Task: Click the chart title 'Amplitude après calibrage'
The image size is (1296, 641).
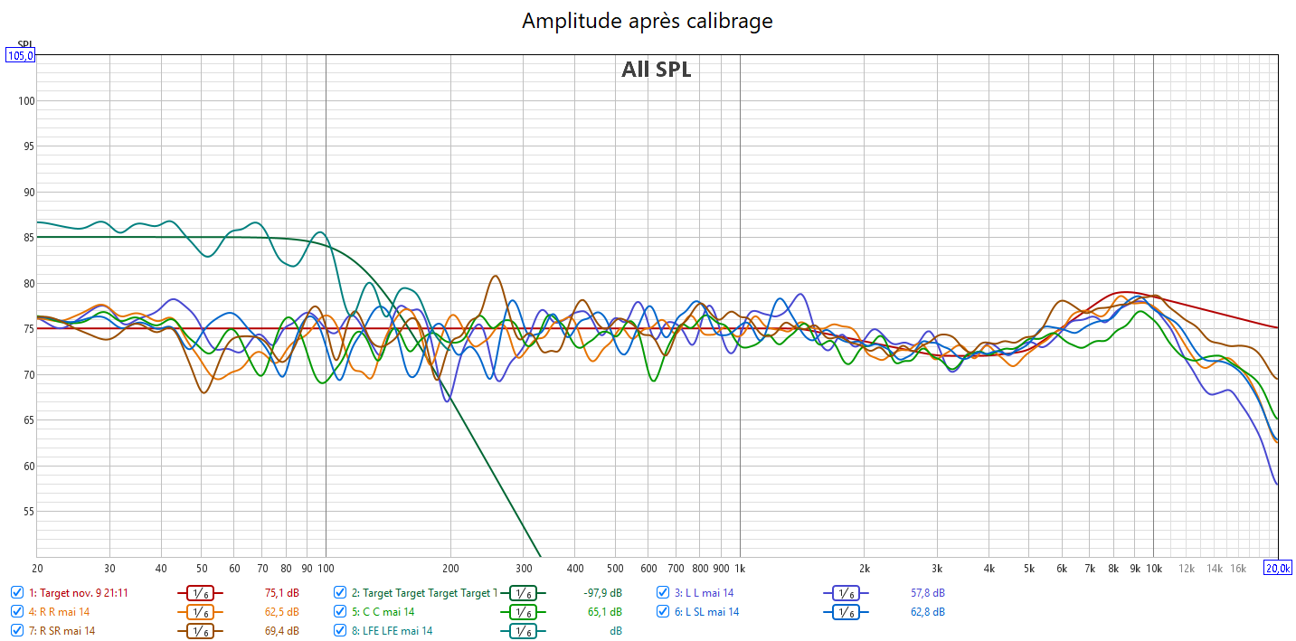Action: (x=647, y=20)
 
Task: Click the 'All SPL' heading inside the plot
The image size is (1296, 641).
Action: (x=656, y=70)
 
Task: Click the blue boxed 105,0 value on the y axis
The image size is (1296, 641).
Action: (x=20, y=55)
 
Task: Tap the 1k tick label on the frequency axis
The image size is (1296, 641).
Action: (x=739, y=568)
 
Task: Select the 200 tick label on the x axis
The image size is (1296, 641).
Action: (x=450, y=568)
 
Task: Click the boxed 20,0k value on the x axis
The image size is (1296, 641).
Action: (x=1277, y=568)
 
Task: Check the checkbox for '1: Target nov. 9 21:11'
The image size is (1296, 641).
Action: (x=17, y=593)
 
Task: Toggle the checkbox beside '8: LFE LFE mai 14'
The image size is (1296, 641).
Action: (x=340, y=631)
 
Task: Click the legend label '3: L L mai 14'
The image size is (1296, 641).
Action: (x=704, y=593)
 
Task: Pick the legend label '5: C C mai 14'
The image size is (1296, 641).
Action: (x=383, y=612)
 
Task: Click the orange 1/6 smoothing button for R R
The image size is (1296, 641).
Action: (x=205, y=612)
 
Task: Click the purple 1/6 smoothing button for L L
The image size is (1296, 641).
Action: (x=845, y=593)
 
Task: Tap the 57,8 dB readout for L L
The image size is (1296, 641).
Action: (x=926, y=593)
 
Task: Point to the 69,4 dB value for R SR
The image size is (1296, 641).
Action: (x=280, y=631)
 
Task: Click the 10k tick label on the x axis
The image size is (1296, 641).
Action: (x=1153, y=568)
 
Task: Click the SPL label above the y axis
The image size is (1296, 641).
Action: (x=24, y=44)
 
